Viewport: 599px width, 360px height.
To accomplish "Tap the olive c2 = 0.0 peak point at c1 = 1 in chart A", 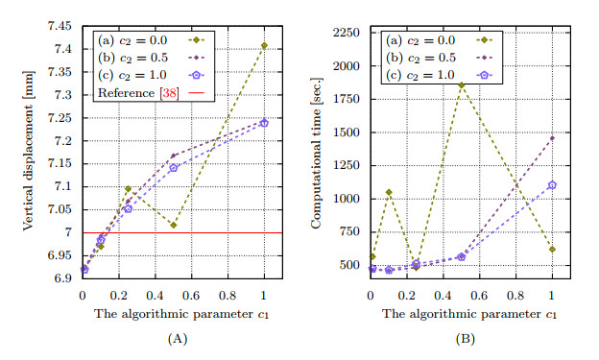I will pos(264,45).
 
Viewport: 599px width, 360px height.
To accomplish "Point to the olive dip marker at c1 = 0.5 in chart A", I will pos(173,226).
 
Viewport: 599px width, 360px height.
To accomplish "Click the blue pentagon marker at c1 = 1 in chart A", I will pos(264,123).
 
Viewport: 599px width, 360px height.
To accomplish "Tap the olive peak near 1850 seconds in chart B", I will pos(462,84).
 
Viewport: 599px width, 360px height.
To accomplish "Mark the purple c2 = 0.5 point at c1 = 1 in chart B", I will pos(552,137).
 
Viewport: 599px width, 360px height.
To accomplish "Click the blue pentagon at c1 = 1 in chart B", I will pos(552,185).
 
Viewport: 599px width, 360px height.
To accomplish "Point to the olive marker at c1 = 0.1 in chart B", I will pos(389,192).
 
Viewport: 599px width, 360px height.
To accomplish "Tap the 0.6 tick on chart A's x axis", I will pos(191,295).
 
